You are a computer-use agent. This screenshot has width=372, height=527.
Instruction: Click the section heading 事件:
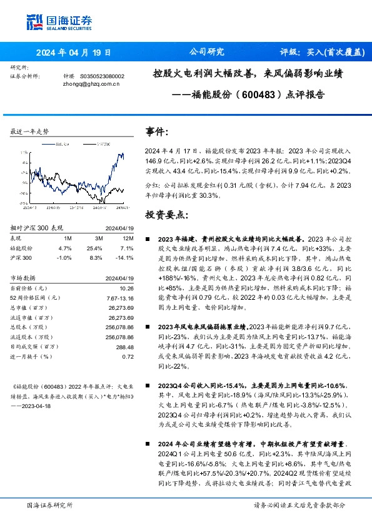157,132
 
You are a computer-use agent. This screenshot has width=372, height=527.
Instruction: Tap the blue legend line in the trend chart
48,142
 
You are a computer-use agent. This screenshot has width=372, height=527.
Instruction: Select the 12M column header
128,238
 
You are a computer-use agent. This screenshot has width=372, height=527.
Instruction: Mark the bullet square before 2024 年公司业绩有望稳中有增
147,443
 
